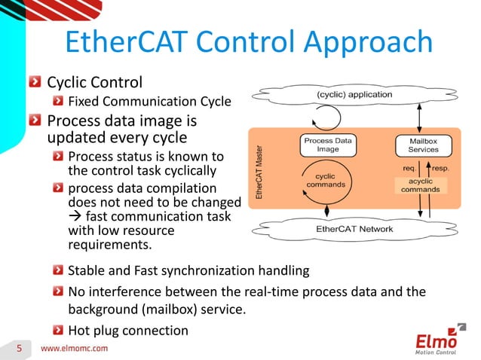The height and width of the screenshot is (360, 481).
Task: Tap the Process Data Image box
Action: tap(327, 145)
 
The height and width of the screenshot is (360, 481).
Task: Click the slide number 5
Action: tap(20, 347)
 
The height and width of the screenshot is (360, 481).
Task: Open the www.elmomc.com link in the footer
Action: tap(73, 348)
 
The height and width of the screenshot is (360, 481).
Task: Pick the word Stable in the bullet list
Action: tap(86, 270)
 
